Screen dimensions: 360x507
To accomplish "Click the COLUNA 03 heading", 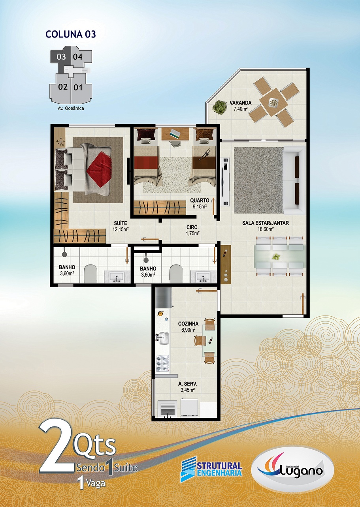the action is pos(71,34).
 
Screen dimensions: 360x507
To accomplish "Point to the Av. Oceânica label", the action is pos(71,108).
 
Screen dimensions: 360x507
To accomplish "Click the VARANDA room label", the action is pos(240,103).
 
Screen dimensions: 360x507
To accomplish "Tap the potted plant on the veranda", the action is pos(220,107).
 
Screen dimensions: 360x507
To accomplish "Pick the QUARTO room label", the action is pos(200,200).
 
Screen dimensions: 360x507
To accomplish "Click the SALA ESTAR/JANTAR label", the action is pos(266,223).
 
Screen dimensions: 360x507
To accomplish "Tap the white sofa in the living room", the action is pos(294,180).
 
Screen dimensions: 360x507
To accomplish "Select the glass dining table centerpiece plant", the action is pos(276,256).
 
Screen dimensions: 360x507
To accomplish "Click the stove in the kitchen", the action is pos(162,364).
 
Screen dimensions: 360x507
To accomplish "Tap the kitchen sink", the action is pos(162,338).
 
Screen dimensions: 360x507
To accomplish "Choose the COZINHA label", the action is pos(188,324).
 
